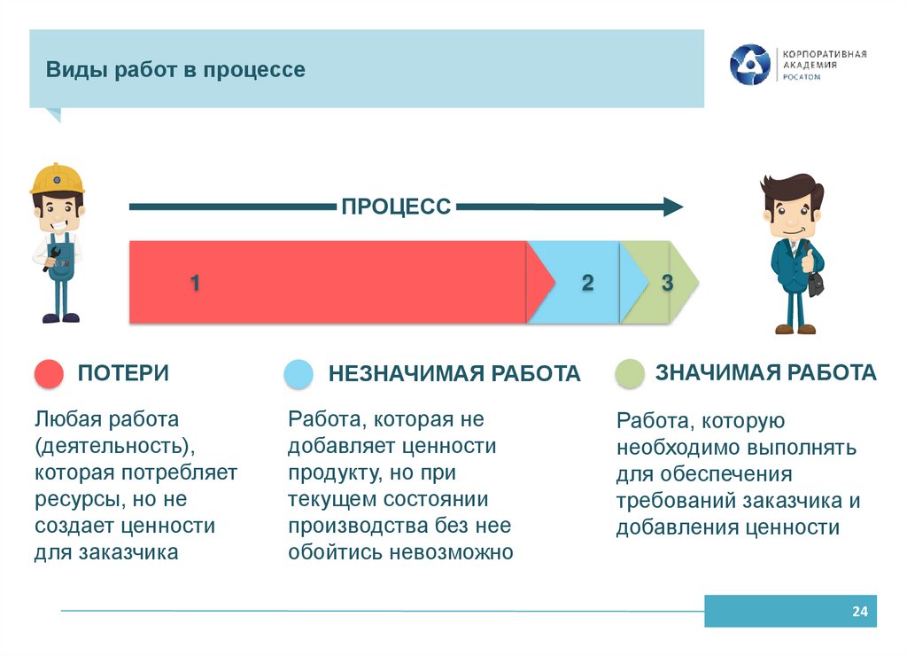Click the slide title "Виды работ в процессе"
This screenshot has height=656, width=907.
coord(175,70)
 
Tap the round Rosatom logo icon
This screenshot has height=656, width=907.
coord(750,65)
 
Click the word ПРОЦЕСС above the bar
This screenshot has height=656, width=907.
coord(396,207)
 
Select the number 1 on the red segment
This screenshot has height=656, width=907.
coord(195,284)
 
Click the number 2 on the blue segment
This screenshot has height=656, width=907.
coord(587,284)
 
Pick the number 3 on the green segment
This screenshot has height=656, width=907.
coord(667,284)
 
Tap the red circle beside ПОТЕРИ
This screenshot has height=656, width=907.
coord(49,374)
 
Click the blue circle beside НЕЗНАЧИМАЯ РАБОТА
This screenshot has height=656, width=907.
coord(298,374)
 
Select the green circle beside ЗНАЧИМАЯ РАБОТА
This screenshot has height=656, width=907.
coord(629,373)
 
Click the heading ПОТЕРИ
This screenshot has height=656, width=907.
coord(123,373)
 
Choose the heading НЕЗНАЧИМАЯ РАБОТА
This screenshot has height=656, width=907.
coord(454,374)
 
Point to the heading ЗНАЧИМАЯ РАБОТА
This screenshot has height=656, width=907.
coord(765,372)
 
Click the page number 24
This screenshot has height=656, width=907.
coord(858,612)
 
